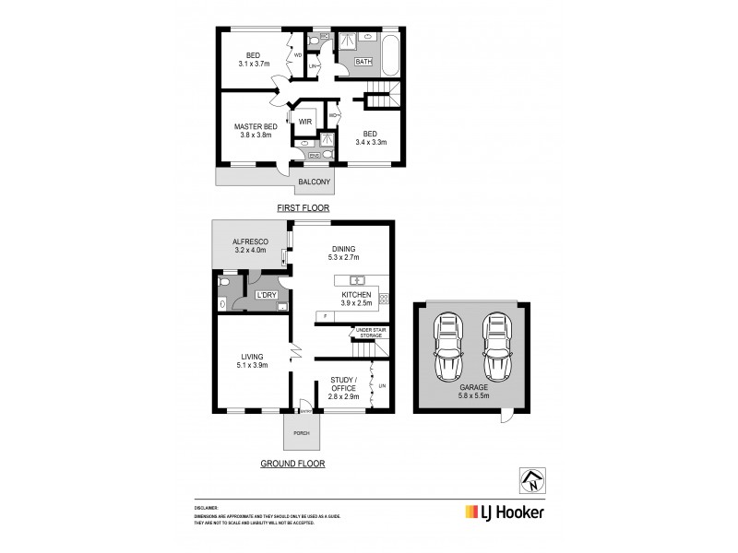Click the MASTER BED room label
click(256, 126)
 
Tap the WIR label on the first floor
click(304, 121)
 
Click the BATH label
click(351, 62)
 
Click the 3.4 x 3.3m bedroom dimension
click(371, 142)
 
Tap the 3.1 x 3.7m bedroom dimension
click(254, 64)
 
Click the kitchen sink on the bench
click(357, 280)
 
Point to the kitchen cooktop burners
click(384, 298)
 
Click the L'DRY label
click(267, 295)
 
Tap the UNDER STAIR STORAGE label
click(367, 332)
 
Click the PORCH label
click(301, 433)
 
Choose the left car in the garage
click(448, 347)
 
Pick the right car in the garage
click(495, 347)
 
